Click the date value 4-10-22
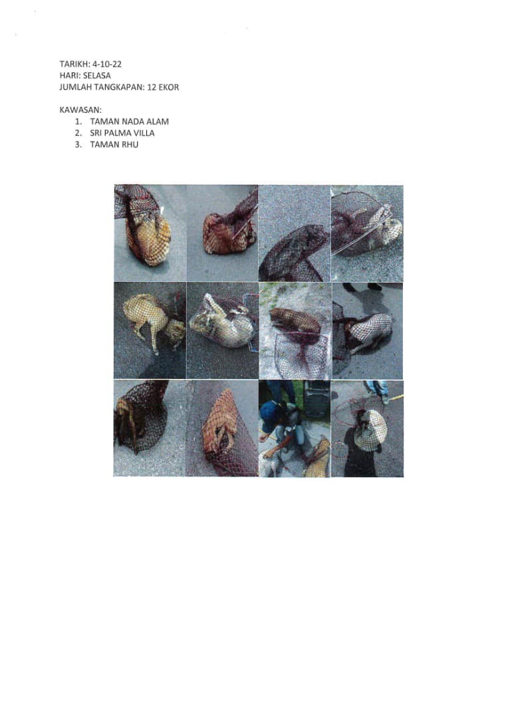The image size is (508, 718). pos(107,64)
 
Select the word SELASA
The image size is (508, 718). pos(96,76)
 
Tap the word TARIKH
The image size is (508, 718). pos(74,64)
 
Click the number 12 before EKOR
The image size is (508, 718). pos(152,87)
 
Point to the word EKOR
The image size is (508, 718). pos(169,87)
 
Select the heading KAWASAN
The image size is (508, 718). pos(80,110)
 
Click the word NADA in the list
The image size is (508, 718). pos(133,122)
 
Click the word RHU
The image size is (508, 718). pos(130,144)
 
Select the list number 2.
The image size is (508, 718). pos(78,133)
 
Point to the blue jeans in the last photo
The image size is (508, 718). pos(376,388)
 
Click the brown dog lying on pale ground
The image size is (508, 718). pos(295,320)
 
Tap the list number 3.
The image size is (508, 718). pos(78,144)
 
